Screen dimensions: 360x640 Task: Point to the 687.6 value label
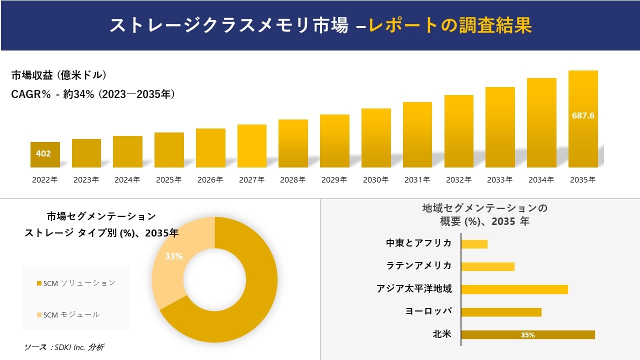583,115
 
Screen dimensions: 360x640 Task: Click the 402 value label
43,153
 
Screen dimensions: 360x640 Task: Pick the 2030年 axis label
375,180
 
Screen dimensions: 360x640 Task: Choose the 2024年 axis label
127,180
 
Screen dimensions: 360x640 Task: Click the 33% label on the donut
173,256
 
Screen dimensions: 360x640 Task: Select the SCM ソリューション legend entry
76,283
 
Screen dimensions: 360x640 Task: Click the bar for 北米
527,335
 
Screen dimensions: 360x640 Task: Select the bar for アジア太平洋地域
514,289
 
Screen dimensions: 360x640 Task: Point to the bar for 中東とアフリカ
474,244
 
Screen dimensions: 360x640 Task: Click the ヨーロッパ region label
428,311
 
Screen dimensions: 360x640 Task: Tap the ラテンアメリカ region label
418,265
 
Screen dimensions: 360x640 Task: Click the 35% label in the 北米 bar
527,335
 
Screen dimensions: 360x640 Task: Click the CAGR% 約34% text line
93,94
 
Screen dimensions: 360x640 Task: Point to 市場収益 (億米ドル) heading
59,75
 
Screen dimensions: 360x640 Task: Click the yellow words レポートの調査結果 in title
450,25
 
